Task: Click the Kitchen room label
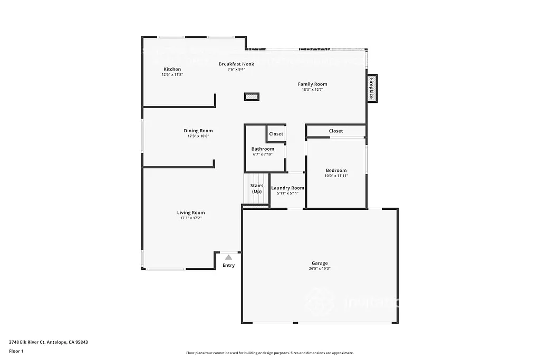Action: pos(172,69)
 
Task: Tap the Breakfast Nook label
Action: pos(236,64)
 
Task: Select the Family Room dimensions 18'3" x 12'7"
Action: pos(312,90)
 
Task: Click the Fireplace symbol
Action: pos(372,89)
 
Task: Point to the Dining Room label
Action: pos(198,131)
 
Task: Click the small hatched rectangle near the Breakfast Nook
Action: pos(252,96)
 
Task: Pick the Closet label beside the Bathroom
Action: pos(276,134)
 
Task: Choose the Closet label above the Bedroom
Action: pos(336,131)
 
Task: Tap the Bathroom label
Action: pos(263,149)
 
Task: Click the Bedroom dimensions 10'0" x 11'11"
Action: pos(336,176)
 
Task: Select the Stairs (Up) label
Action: pos(256,188)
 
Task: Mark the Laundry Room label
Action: pos(287,188)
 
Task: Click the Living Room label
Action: pos(191,212)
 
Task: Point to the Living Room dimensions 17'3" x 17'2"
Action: pos(191,218)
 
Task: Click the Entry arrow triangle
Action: pos(228,257)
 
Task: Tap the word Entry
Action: pos(228,265)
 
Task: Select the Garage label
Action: pos(320,263)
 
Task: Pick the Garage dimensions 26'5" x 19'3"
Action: pos(320,268)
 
